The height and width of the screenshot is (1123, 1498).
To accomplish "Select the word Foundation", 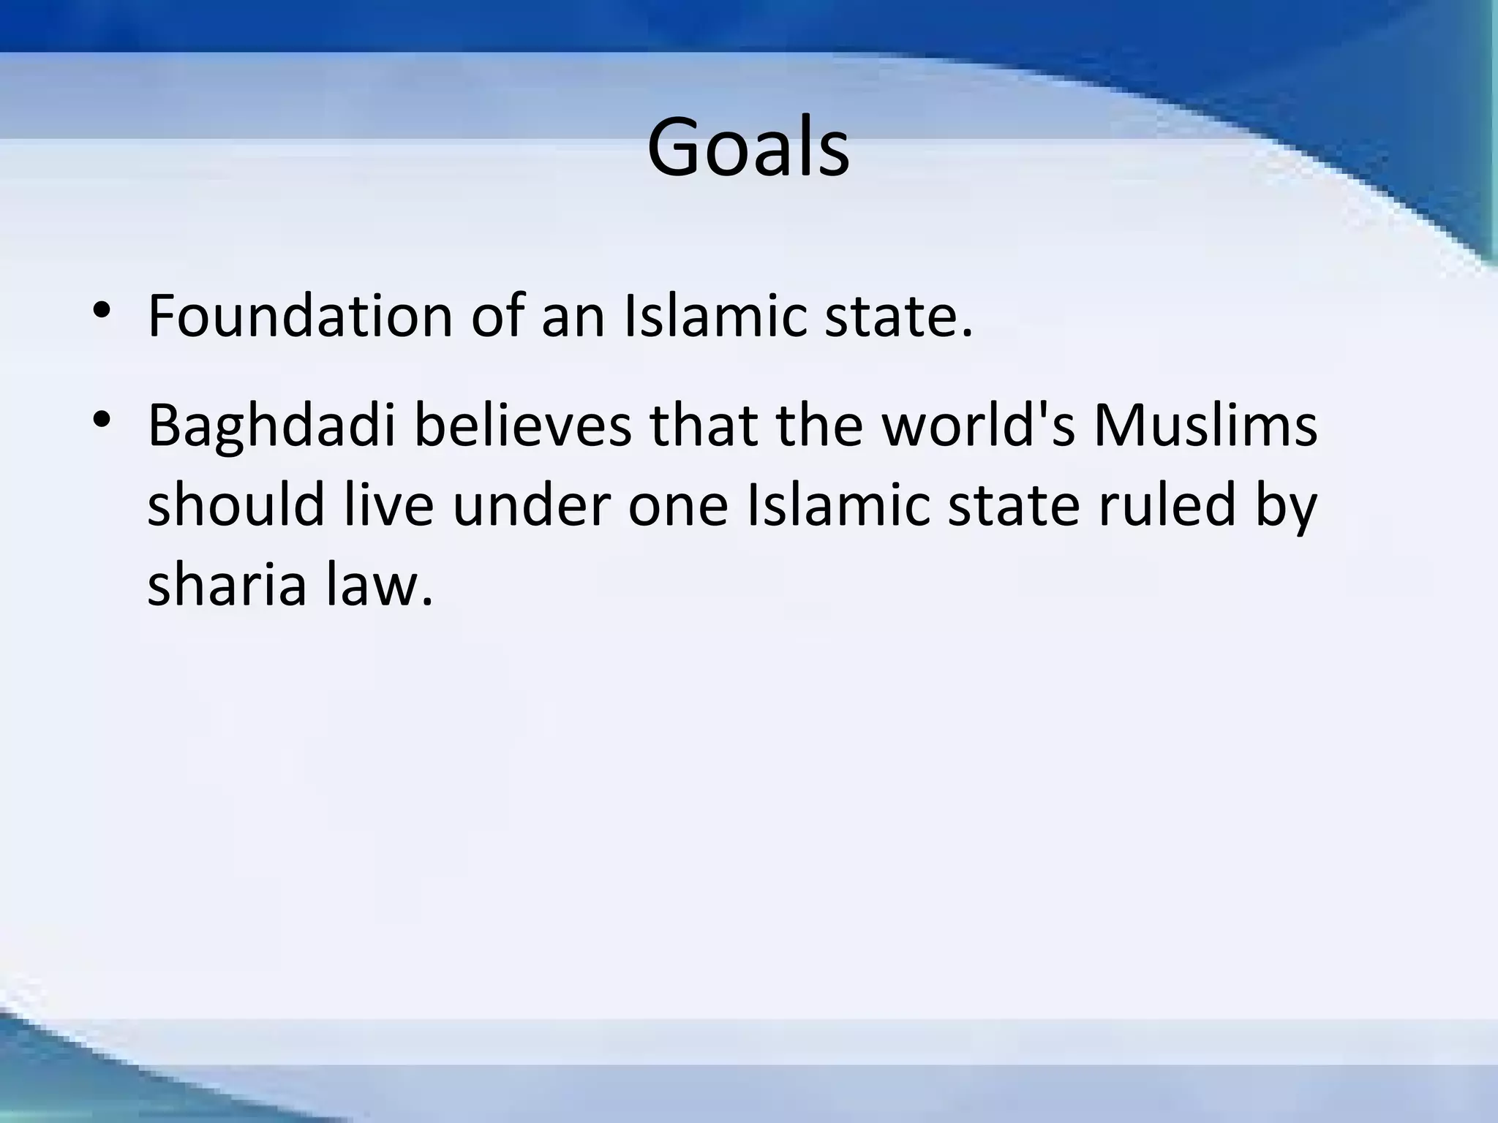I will [300, 316].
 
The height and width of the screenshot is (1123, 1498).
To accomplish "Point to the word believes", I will [522, 426].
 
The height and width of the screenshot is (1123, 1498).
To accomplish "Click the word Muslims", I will [1205, 426].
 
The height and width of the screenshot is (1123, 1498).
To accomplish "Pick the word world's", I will [979, 426].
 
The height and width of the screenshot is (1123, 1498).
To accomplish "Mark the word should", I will [236, 506].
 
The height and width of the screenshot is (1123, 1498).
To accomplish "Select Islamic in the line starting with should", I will [838, 506].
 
